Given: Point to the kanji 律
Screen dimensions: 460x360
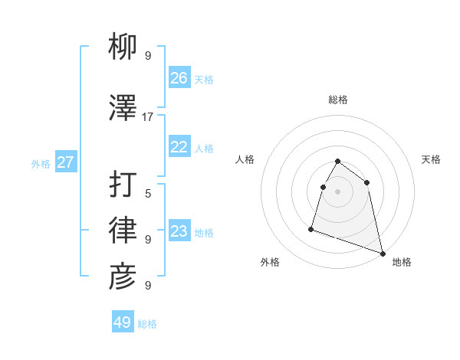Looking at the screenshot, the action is pyautogui.click(x=123, y=231).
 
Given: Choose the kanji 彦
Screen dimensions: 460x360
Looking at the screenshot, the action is pyautogui.click(x=123, y=277).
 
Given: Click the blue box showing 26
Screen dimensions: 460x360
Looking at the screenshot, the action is pyautogui.click(x=179, y=78).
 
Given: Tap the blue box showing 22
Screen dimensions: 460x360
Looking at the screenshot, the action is pyautogui.click(x=179, y=148).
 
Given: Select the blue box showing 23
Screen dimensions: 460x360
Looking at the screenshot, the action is pyautogui.click(x=179, y=231).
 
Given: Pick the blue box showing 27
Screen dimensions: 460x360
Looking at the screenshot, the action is pyautogui.click(x=66, y=162).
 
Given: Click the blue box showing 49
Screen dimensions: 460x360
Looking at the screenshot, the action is pyautogui.click(x=123, y=322).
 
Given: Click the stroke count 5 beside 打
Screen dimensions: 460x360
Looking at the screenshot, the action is pyautogui.click(x=148, y=193).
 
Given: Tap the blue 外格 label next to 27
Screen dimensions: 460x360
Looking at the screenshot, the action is pyautogui.click(x=41, y=163).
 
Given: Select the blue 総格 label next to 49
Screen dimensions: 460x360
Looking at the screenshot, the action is pyautogui.click(x=147, y=324).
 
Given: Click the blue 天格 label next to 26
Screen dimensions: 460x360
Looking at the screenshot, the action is pyautogui.click(x=204, y=79).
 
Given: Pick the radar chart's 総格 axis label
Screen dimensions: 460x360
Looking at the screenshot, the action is pyautogui.click(x=338, y=100).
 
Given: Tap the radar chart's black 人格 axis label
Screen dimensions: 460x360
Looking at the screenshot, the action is pyautogui.click(x=245, y=159).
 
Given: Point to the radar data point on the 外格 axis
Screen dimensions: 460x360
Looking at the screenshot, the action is pyautogui.click(x=311, y=228).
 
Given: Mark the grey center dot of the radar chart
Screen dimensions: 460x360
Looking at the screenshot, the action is pyautogui.click(x=338, y=191).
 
